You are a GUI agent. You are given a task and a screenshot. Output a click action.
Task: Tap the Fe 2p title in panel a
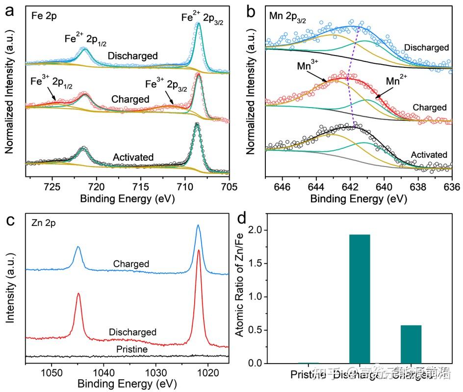[x=44, y=15]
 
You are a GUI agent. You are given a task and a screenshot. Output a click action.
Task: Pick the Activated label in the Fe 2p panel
[x=133, y=157]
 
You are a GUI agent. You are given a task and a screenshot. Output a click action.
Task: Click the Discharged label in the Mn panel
[x=426, y=48]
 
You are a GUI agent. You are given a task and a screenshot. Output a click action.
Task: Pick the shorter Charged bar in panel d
[x=411, y=344]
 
